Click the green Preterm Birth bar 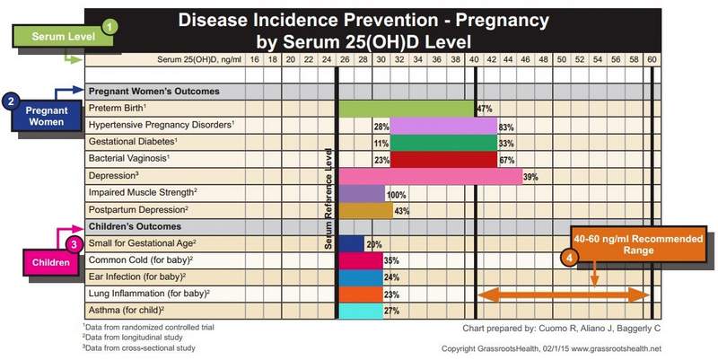pos(407,109)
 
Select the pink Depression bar pos(430,176)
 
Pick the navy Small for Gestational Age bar pos(351,243)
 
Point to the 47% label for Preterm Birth pos(485,109)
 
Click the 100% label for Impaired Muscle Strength pos(396,194)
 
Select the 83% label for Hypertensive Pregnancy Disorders pos(506,127)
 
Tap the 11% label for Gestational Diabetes pos(381,143)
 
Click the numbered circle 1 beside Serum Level pos(109,27)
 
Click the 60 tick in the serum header pos(652,58)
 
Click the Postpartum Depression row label pos(137,210)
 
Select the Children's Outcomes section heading pos(134,226)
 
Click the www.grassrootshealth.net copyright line pos(551,348)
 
